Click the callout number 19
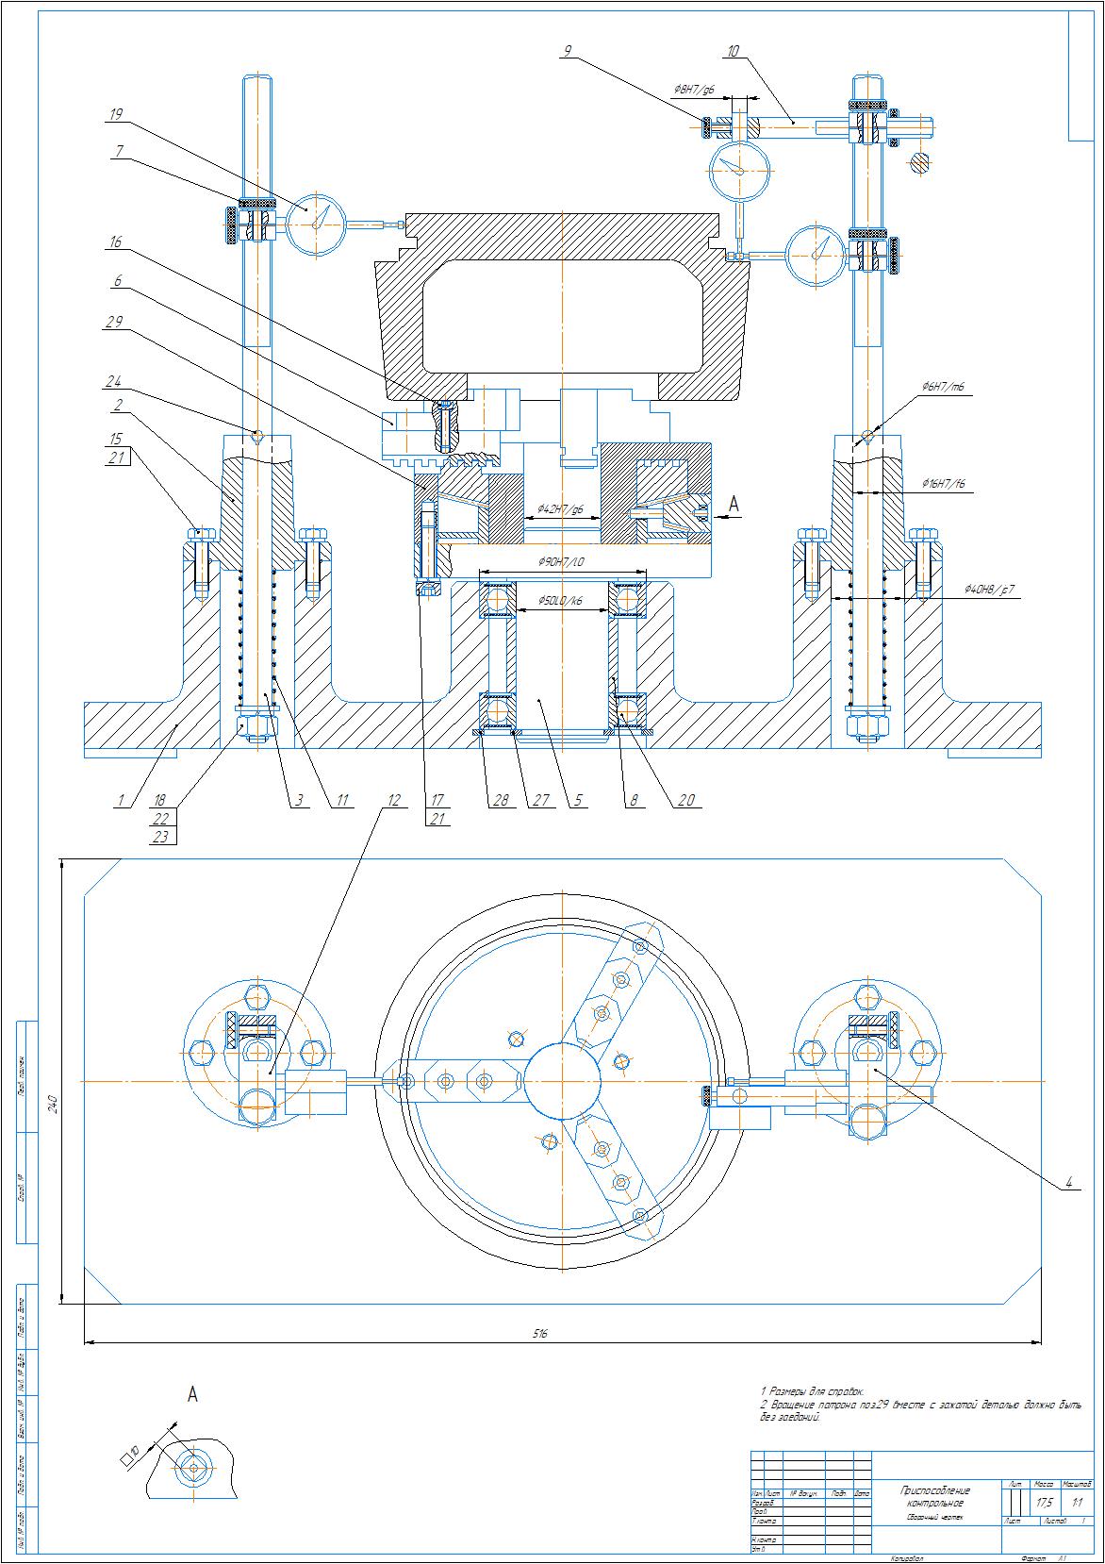116,115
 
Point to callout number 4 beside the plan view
1068,1182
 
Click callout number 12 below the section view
393,800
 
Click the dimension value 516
540,1334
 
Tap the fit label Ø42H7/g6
561,509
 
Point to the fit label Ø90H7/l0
562,562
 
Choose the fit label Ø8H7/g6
694,90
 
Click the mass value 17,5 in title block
1044,1502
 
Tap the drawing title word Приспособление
935,1489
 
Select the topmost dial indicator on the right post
740,170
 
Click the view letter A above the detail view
192,1394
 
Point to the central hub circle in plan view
562,1081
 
